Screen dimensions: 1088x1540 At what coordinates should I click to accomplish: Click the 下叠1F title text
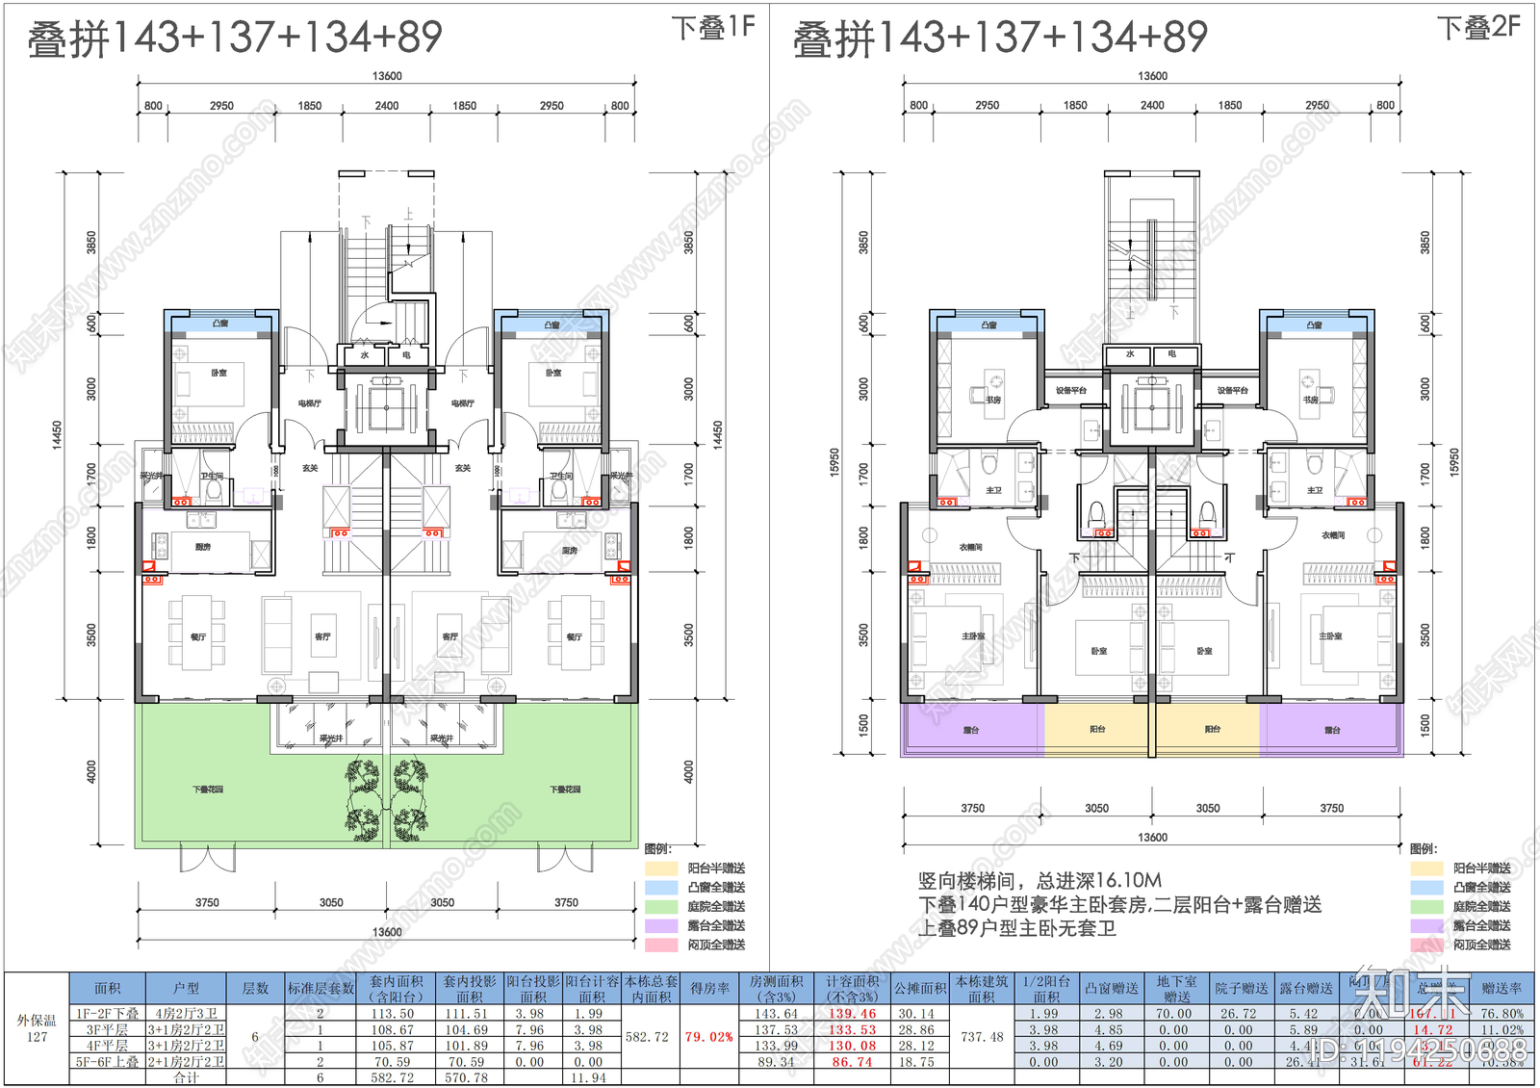click(x=713, y=28)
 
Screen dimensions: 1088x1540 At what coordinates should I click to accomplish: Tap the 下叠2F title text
click(x=1479, y=28)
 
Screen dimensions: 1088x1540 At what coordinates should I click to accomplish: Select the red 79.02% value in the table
click(x=708, y=1037)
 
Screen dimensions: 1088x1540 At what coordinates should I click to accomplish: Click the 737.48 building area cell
click(x=982, y=1037)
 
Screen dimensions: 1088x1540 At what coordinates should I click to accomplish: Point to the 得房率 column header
click(x=709, y=988)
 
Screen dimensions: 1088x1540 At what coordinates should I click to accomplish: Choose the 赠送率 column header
click(x=1501, y=988)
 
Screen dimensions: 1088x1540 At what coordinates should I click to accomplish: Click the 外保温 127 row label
click(x=37, y=1028)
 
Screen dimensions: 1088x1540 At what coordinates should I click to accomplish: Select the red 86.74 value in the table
click(x=852, y=1062)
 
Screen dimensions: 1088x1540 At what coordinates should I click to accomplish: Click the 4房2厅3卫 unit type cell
click(x=186, y=1014)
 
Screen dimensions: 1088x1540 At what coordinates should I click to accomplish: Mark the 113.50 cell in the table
click(x=393, y=1014)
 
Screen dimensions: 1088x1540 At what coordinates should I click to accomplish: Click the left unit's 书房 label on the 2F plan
click(x=992, y=400)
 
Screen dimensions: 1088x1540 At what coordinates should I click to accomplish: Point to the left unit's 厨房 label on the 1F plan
click(x=202, y=547)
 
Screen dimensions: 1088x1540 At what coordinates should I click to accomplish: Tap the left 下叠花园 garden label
click(x=208, y=790)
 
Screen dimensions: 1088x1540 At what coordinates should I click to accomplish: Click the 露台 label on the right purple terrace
click(x=1332, y=730)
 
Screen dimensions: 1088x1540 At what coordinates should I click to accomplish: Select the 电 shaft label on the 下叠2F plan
click(x=1171, y=354)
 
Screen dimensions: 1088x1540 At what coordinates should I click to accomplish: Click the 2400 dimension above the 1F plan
click(x=387, y=106)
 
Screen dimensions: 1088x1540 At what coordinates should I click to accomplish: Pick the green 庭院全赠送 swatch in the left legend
click(x=661, y=906)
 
